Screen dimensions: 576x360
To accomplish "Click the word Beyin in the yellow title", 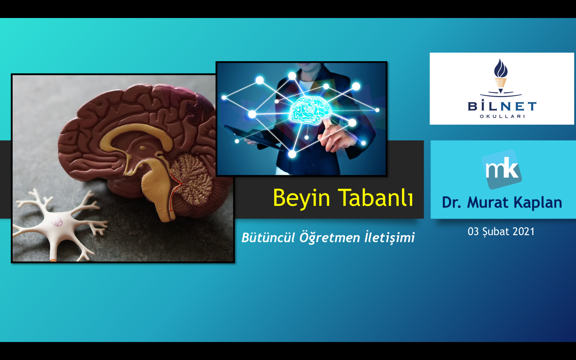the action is (301, 198).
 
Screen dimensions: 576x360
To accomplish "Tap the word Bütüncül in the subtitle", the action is (268, 237).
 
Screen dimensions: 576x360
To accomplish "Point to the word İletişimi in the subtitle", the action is (390, 237).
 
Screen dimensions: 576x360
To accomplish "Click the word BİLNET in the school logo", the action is (502, 105).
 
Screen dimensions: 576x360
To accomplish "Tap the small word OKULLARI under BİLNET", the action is (502, 117).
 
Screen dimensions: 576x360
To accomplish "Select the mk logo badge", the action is (502, 169).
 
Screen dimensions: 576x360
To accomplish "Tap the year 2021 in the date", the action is (523, 231).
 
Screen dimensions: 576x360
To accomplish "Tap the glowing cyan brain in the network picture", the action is (310, 110).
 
